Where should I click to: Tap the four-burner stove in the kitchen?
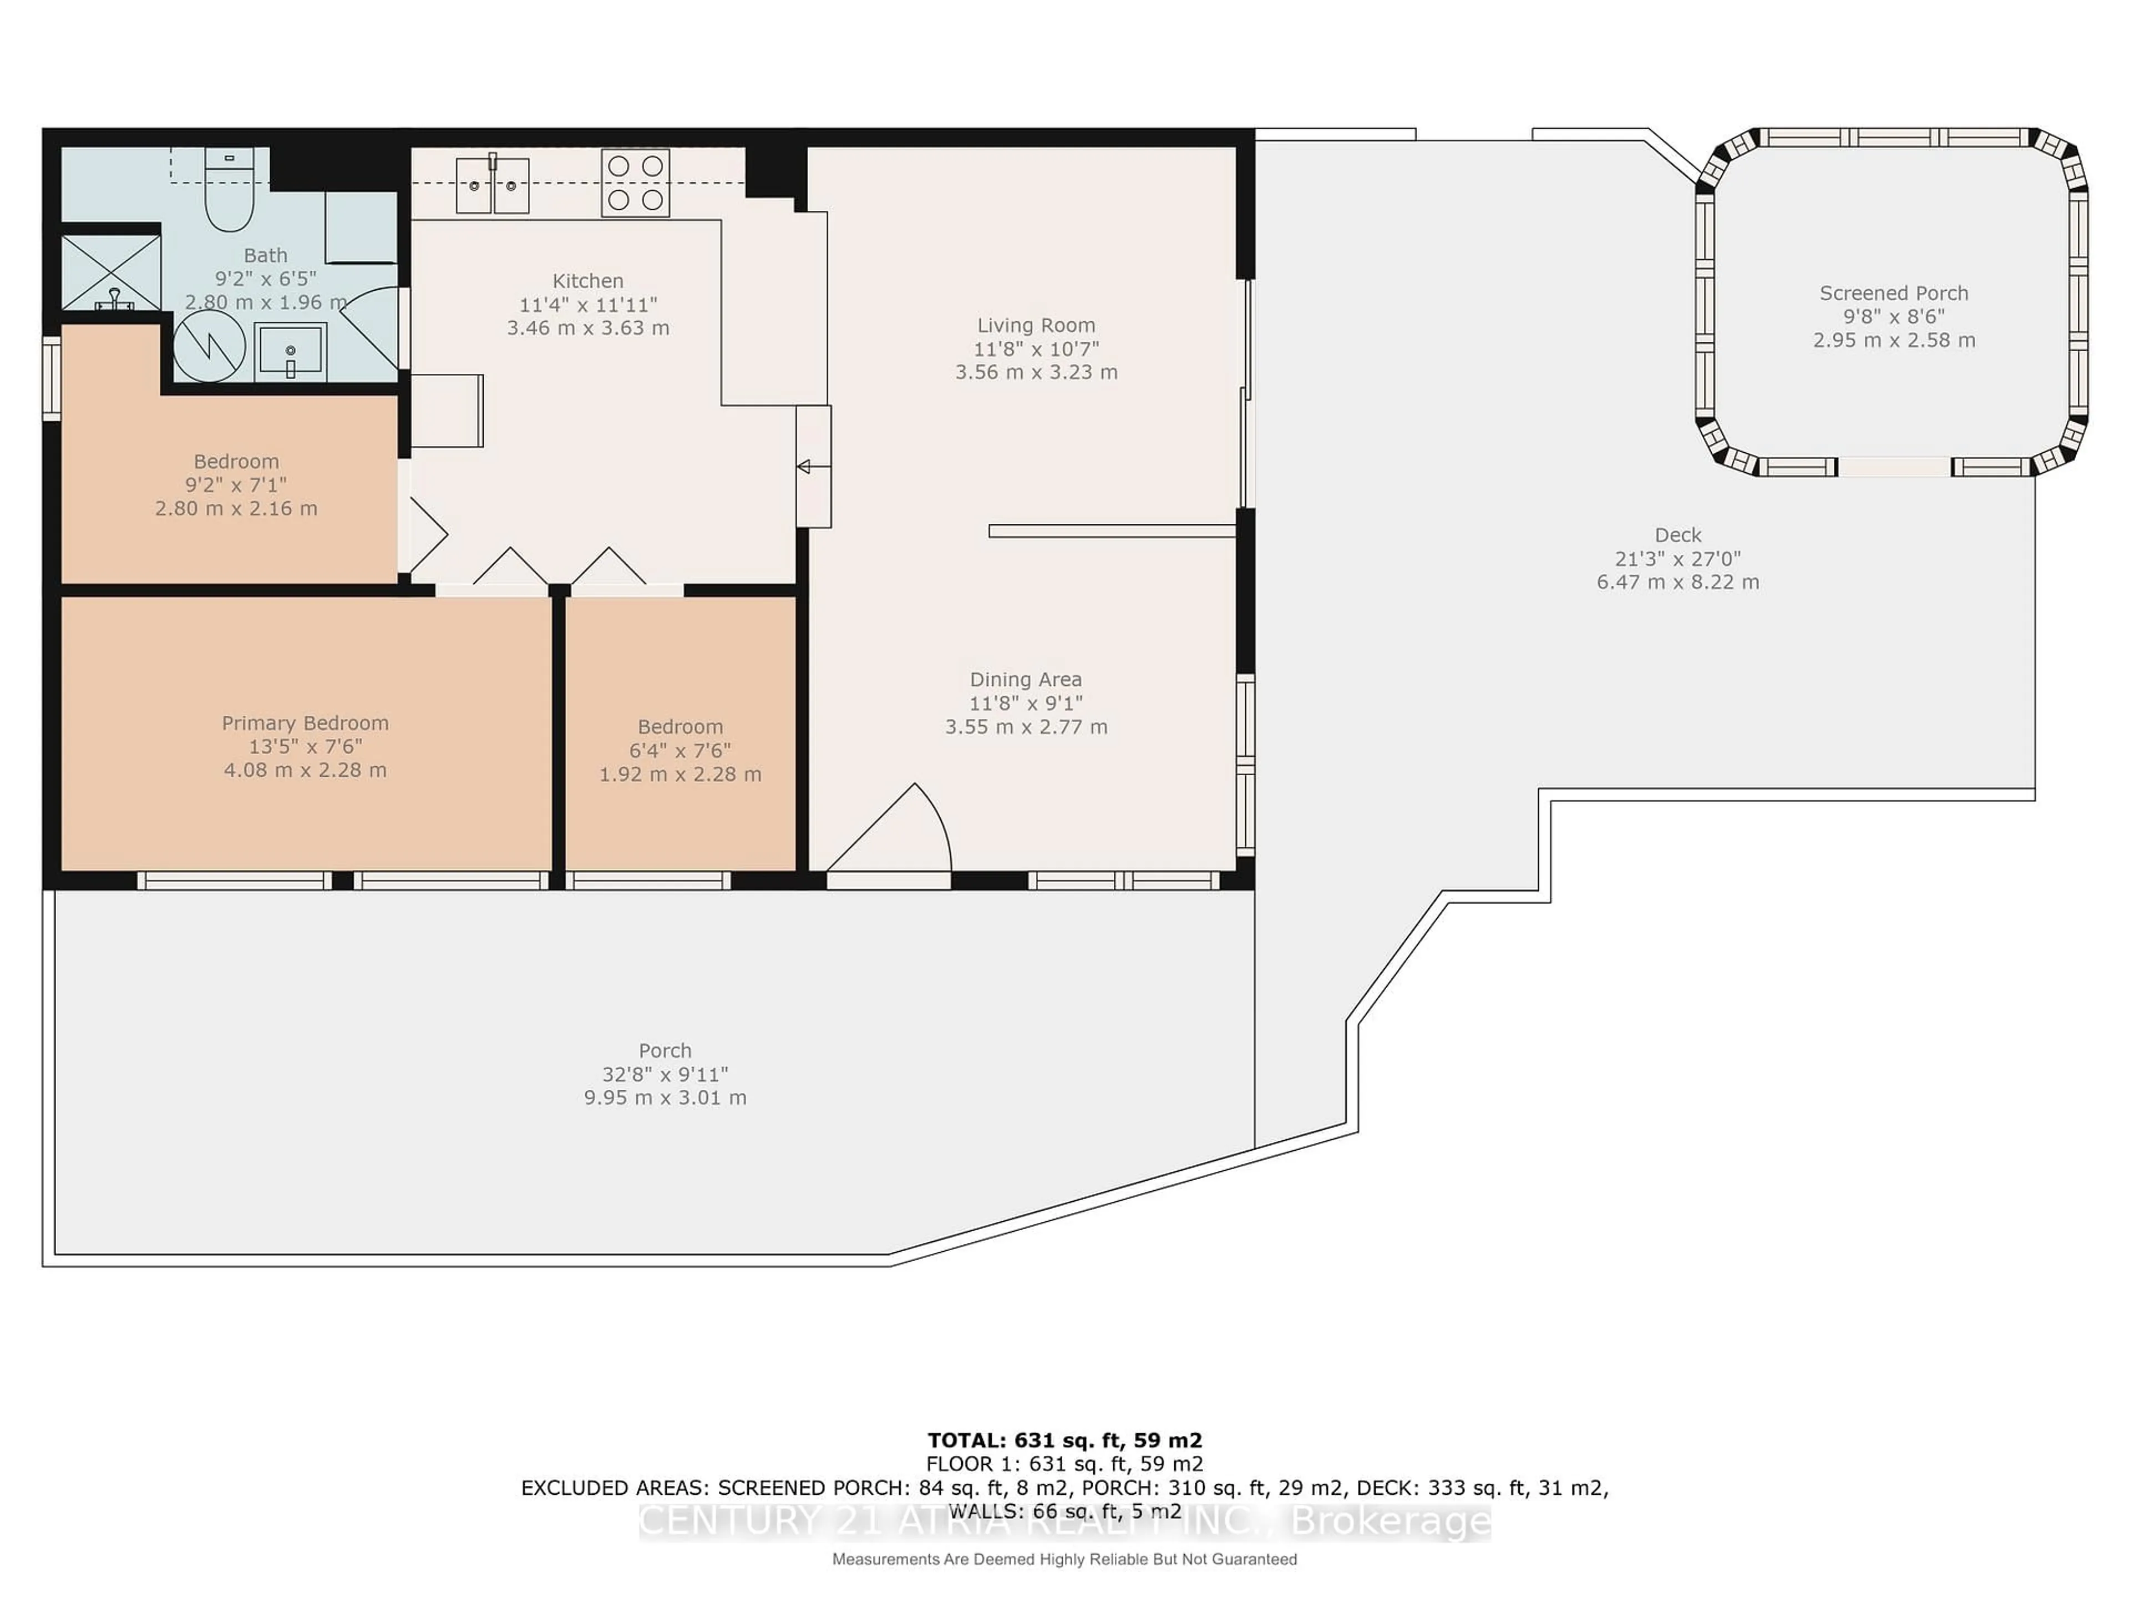(x=636, y=182)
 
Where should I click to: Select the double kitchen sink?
(x=492, y=185)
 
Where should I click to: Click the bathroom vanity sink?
(x=290, y=352)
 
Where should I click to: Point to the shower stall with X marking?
(x=111, y=272)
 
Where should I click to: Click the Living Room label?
(x=1036, y=326)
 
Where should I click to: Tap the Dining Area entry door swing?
(x=900, y=830)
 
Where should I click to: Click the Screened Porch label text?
(x=1893, y=293)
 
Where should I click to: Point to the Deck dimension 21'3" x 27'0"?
(x=1677, y=559)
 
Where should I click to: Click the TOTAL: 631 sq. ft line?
(x=1064, y=1440)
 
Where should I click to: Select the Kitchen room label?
(x=587, y=281)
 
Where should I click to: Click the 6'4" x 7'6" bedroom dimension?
(x=680, y=750)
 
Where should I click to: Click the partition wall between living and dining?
(x=1112, y=531)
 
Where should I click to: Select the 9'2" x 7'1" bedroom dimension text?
(x=236, y=484)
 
